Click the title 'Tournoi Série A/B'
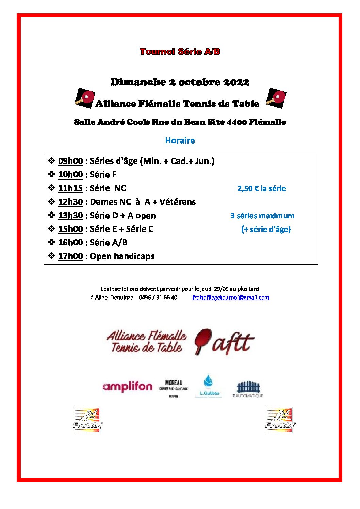pos(180,52)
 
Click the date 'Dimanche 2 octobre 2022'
pos(180,82)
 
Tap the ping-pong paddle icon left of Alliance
pos(85,98)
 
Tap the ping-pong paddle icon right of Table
pos(276,98)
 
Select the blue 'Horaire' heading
pos(180,141)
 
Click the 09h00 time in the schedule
pos(70,161)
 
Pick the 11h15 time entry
pos(70,188)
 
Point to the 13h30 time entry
pos(70,216)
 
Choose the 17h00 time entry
pos(70,256)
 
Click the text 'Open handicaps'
pos(122,256)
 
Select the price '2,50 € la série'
pos(261,189)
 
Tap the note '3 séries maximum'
pos(262,216)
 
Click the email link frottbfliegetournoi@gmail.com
pos(231,298)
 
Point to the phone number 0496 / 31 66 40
pos(158,298)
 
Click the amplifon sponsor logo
pos(127,387)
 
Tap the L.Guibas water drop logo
pos(208,386)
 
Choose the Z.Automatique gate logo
pos(248,389)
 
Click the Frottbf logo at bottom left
pos(87,420)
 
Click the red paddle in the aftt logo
pos(203,340)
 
